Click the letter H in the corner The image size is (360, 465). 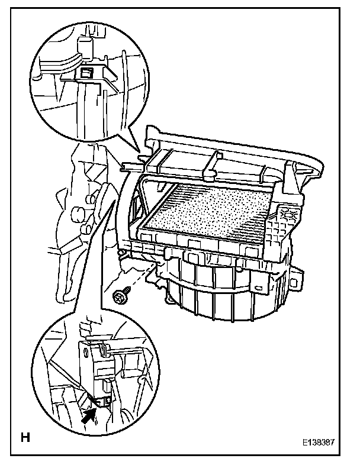(x=25, y=438)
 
